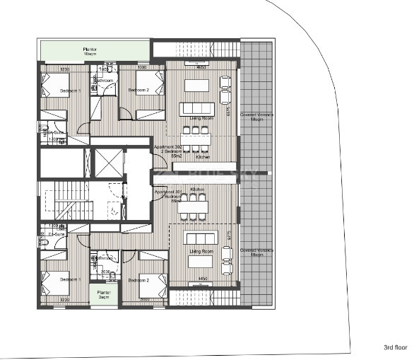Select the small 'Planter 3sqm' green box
click(104, 294)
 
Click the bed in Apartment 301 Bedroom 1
click(54, 283)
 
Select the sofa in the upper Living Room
click(196, 108)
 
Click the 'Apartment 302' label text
click(168, 148)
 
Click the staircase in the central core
click(74, 200)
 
